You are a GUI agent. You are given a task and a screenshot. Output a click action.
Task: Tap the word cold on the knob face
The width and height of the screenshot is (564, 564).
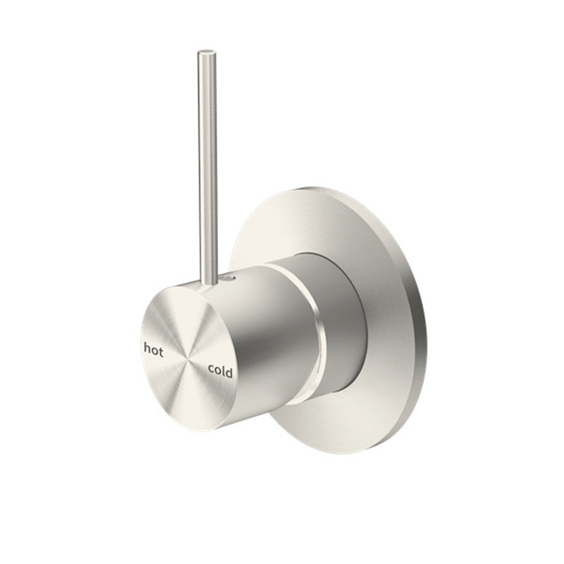click(x=220, y=370)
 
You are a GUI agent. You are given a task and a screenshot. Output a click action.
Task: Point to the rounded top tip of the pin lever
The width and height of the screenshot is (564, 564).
click(x=206, y=51)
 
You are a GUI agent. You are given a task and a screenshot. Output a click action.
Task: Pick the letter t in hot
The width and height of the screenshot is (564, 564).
click(x=161, y=352)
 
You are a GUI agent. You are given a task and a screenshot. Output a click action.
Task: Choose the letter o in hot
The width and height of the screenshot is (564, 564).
click(x=154, y=352)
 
